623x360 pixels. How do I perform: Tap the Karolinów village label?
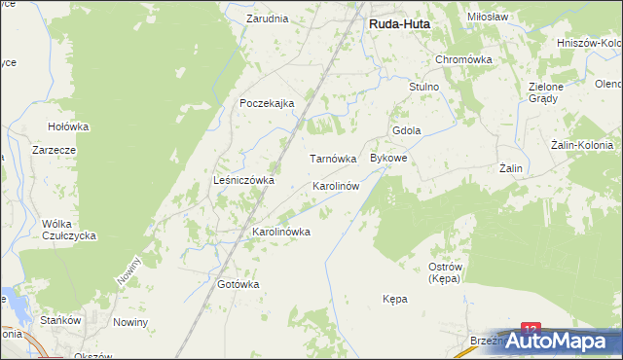[336, 185]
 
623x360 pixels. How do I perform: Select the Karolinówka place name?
[281, 232]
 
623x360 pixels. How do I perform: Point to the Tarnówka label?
[333, 158]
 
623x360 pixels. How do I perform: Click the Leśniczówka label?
[243, 180]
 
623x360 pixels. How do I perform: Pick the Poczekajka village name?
[268, 104]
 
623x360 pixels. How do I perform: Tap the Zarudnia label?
[267, 18]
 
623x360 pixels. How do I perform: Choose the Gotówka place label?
[238, 284]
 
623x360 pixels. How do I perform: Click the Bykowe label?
[388, 157]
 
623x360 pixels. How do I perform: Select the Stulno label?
[424, 87]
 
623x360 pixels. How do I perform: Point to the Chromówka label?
[464, 59]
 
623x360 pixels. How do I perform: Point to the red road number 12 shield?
[531, 331]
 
